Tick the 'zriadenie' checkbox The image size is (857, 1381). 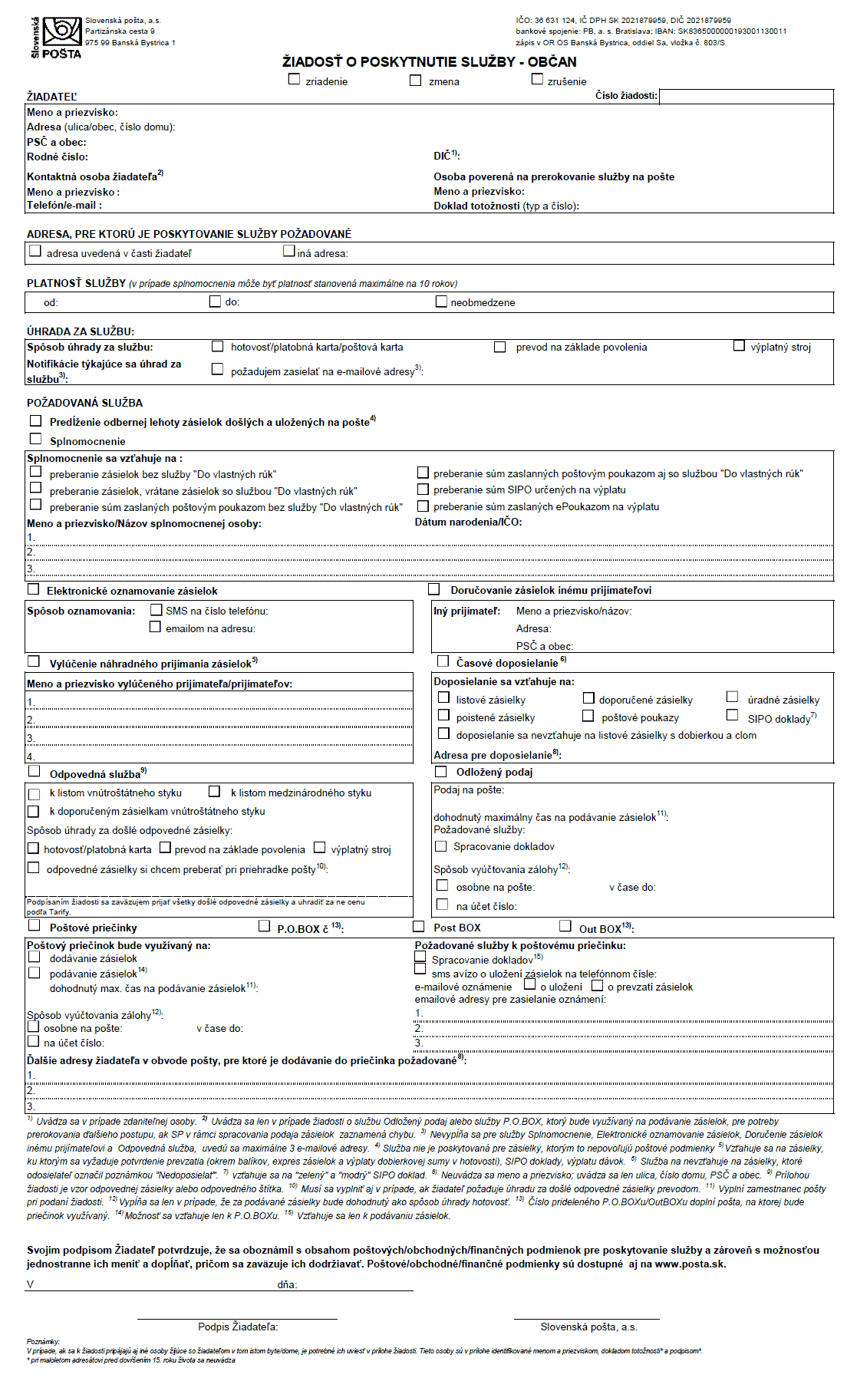[295, 79]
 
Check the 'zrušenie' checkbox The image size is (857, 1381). [537, 79]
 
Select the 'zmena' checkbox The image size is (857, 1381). [416, 80]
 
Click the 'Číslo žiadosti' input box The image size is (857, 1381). [746, 97]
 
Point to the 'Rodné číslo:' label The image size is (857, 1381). [58, 157]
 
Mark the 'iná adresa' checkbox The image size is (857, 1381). [289, 251]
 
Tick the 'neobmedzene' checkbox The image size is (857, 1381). [441, 302]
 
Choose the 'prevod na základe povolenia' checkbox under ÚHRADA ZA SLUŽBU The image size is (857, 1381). [500, 347]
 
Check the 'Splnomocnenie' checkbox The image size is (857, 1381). [35, 439]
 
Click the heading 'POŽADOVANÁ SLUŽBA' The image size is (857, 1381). [84, 403]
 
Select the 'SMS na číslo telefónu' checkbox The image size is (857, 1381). [157, 610]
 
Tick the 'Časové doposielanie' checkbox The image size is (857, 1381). [443, 661]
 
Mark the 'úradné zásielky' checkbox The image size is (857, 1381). [733, 697]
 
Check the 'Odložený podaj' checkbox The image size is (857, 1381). [441, 771]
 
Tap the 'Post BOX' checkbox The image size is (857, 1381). [419, 926]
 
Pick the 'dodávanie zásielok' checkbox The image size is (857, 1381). [35, 957]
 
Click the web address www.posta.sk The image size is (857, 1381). [690, 1264]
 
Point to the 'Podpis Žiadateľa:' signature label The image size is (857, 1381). [238, 1327]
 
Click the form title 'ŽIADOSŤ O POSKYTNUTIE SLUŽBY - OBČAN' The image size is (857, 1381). [429, 62]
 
